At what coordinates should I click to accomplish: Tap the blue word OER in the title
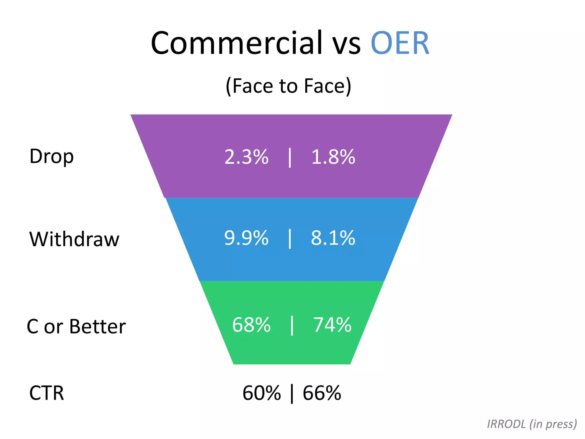click(x=400, y=43)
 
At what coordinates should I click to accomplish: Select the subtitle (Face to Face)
click(x=289, y=86)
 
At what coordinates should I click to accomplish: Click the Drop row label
click(x=52, y=157)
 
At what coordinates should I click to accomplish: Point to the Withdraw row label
click(x=74, y=239)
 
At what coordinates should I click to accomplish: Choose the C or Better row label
click(x=76, y=326)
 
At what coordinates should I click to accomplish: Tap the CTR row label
click(x=47, y=393)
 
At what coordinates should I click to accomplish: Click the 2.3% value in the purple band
click(x=247, y=157)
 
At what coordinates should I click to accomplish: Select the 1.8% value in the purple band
click(x=333, y=157)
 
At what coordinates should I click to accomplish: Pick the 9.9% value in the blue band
click(x=246, y=238)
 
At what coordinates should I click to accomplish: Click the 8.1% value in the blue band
click(x=333, y=238)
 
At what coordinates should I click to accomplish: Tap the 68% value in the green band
click(x=251, y=325)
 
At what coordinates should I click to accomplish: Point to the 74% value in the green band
click(x=332, y=325)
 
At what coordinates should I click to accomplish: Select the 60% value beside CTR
click(x=262, y=393)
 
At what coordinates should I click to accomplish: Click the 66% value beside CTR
click(x=322, y=393)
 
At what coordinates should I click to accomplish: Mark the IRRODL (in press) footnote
click(x=532, y=424)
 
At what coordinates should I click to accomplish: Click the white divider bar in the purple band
click(x=290, y=157)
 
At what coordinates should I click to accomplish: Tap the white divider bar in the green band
click(x=292, y=325)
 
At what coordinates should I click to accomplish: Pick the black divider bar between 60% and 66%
click(x=292, y=394)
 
